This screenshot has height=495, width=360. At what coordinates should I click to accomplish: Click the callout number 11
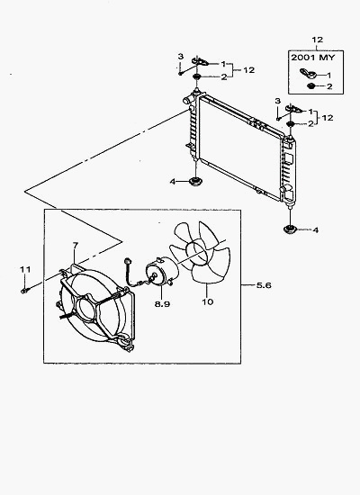pos(25,270)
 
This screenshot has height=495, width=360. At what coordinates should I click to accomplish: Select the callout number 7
pos(75,246)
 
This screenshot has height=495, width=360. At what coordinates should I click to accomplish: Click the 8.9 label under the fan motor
pos(162,303)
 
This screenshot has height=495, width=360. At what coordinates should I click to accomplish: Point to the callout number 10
pos(208,301)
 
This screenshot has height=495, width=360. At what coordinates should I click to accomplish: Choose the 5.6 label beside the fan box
pos(264,285)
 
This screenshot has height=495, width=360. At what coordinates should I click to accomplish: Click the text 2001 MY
pos(312,58)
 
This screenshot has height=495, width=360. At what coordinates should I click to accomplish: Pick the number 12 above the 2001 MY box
pos(318,40)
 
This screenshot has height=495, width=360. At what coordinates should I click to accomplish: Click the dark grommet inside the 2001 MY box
pos(311,85)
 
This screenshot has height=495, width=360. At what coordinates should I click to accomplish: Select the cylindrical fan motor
pos(162,273)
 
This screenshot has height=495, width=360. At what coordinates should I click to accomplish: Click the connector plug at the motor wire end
pos(128,261)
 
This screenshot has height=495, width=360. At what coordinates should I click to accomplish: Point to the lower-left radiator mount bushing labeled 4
pos(195,182)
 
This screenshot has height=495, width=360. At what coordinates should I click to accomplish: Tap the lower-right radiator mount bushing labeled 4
pos(289,229)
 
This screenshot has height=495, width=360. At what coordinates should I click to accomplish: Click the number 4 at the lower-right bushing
pos(316,230)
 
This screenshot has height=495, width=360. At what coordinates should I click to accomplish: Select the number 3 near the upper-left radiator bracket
pos(180,57)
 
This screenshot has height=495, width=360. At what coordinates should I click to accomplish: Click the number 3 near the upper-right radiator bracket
pos(277,101)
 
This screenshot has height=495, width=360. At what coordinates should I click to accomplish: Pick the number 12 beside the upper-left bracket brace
pos(248,70)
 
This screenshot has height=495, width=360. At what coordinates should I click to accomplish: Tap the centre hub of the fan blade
pos(197,252)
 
